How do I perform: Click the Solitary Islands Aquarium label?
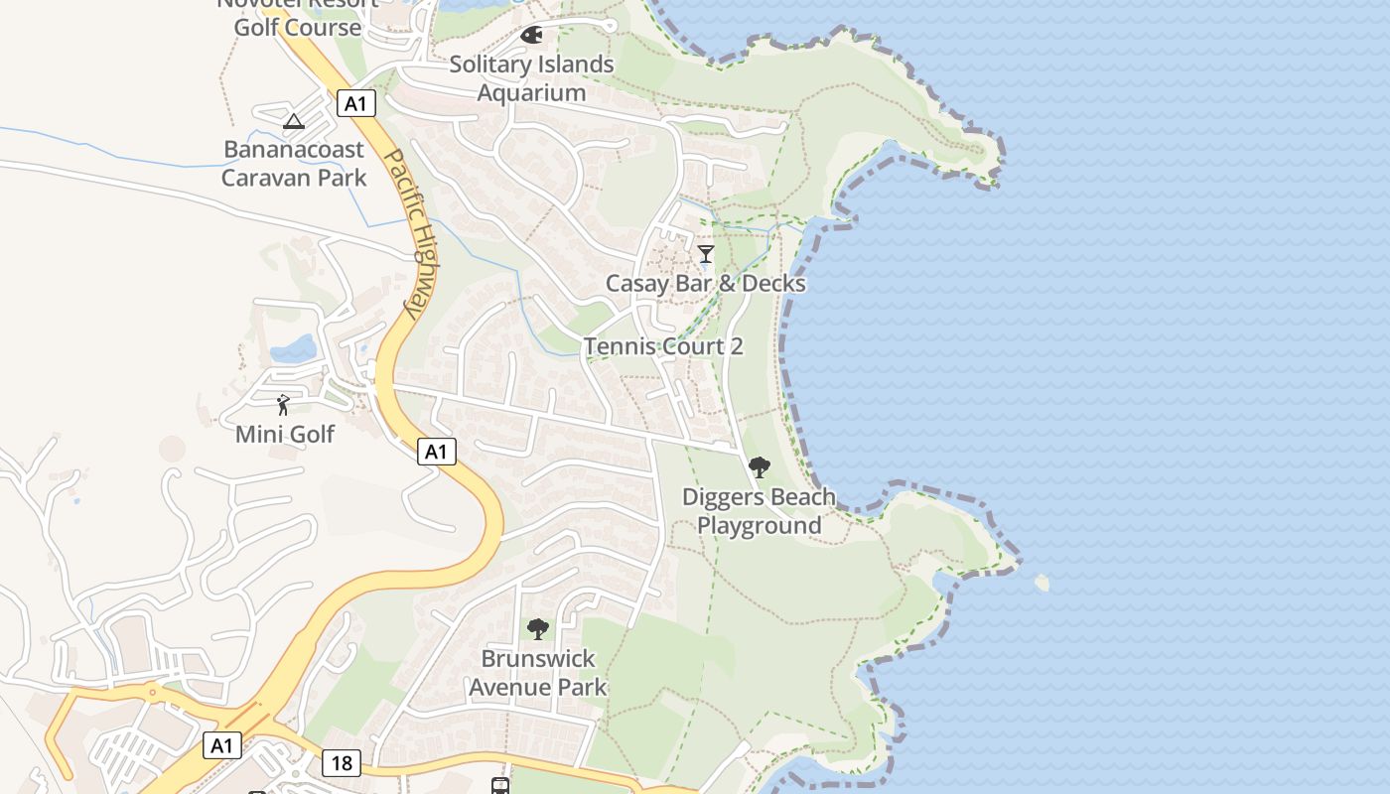531,78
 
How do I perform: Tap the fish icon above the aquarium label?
531,36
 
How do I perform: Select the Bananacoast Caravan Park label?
294,164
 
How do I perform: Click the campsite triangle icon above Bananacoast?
293,121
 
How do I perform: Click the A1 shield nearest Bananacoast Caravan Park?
356,103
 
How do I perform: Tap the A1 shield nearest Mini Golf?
436,452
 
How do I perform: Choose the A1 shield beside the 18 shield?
222,745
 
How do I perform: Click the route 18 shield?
341,763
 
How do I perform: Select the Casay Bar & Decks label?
705,283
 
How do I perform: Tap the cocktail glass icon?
705,254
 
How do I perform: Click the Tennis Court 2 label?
663,346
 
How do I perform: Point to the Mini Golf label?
285,434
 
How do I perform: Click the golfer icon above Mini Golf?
283,405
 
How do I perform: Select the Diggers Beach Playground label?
760,511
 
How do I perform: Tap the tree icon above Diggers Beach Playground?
760,466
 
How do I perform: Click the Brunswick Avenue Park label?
537,672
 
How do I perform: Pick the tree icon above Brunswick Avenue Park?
537,628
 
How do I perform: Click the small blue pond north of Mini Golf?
293,348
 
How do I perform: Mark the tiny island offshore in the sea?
1042,583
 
